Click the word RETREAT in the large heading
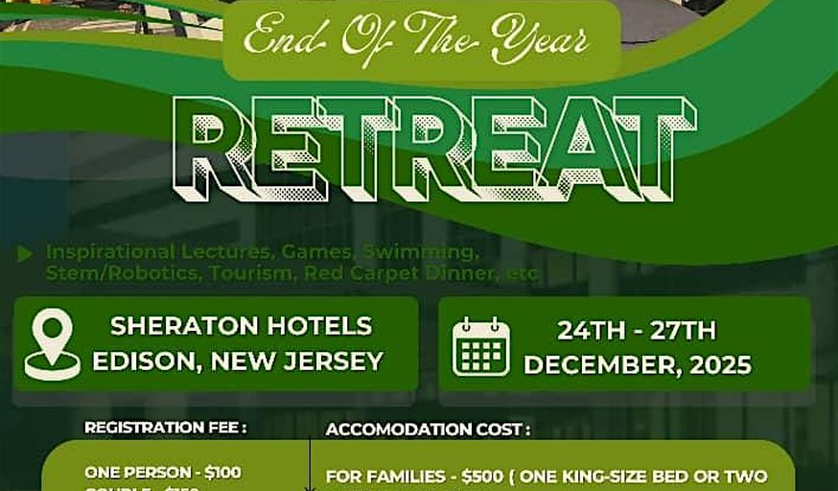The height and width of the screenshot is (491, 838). click(x=433, y=149)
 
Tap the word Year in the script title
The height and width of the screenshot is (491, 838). click(x=543, y=39)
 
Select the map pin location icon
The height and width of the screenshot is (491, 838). click(x=53, y=343)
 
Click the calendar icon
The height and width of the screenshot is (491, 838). click(x=481, y=345)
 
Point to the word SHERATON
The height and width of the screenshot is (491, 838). click(x=179, y=326)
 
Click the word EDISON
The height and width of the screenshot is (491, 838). click(x=142, y=362)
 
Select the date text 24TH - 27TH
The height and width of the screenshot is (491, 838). click(x=637, y=331)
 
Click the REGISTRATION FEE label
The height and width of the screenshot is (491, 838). click(x=165, y=428)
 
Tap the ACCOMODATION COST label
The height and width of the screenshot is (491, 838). click(x=428, y=430)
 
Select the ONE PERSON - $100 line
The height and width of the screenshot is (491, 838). click(x=163, y=472)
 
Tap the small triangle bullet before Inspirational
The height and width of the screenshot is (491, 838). click(x=25, y=253)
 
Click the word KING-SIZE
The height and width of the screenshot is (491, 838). click(x=628, y=477)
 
